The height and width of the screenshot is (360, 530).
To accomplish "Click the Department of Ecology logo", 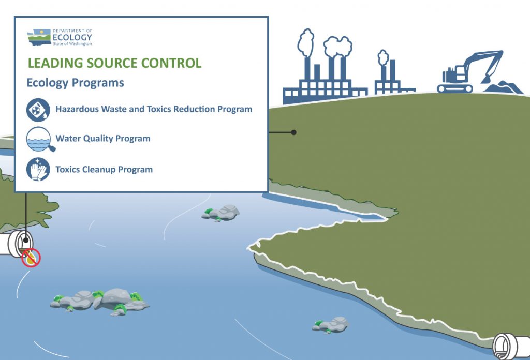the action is pyautogui.click(x=60, y=37).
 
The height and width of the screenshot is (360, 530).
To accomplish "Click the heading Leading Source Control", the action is pyautogui.click(x=114, y=63).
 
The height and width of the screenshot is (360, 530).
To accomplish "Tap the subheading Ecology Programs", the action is pyautogui.click(x=76, y=83).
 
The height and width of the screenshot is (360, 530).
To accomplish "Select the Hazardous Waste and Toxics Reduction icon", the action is pyautogui.click(x=38, y=110).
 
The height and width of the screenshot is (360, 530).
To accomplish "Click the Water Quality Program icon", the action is pyautogui.click(x=39, y=139).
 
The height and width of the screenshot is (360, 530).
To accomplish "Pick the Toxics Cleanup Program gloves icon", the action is pyautogui.click(x=38, y=169).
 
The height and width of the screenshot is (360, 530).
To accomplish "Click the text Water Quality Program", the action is pyautogui.click(x=103, y=139).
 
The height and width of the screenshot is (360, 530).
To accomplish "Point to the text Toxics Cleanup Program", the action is pyautogui.click(x=104, y=169).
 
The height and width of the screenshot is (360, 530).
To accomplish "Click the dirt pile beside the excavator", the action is pyautogui.click(x=504, y=87).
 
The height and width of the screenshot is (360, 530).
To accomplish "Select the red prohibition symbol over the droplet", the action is pyautogui.click(x=31, y=258).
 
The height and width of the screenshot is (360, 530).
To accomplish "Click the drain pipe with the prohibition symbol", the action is pyautogui.click(x=17, y=243).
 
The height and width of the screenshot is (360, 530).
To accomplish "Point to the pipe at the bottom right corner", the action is pyautogui.click(x=510, y=347).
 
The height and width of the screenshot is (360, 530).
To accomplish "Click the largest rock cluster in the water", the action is pyautogui.click(x=100, y=301).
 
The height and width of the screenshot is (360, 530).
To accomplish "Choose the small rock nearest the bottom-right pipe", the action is pyautogui.click(x=330, y=325).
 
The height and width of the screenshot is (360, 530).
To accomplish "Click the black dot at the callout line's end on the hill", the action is pyautogui.click(x=294, y=132).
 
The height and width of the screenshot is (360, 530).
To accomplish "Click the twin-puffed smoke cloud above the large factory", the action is pyautogui.click(x=337, y=47).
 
